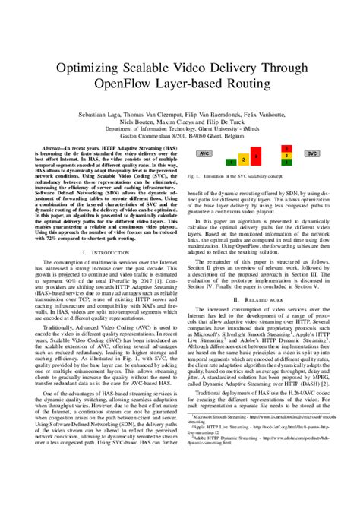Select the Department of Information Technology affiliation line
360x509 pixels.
coord(179,128)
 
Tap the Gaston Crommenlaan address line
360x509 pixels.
coord(179,138)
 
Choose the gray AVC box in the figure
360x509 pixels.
coord(204,153)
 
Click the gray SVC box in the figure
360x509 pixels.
coord(311,153)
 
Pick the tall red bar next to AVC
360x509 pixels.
coord(257,156)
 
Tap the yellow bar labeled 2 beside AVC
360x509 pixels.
coord(243,160)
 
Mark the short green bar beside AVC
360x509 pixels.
coord(229,162)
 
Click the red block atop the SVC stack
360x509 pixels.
coord(286,149)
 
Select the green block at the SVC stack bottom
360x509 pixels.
coord(286,163)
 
